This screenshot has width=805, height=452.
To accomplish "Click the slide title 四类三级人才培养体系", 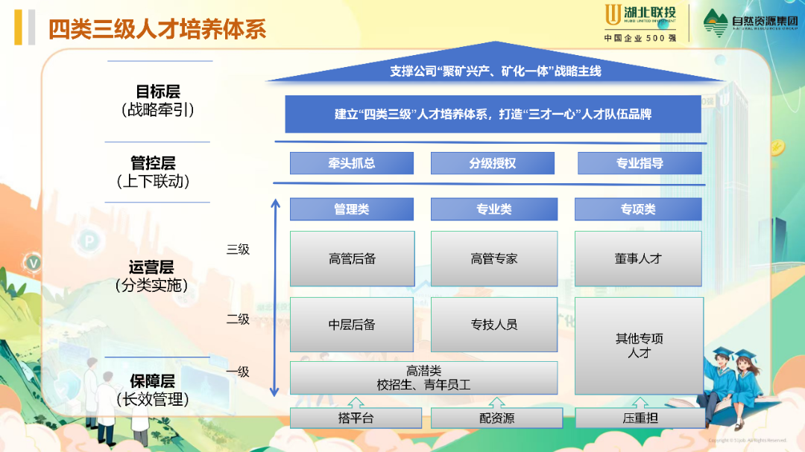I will point(157,28).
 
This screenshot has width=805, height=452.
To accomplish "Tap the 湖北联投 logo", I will point(640,22).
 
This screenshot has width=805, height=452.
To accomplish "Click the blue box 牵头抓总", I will point(351,163).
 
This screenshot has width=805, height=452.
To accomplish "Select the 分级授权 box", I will point(493,163).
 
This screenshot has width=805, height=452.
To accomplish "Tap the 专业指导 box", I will point(640,163).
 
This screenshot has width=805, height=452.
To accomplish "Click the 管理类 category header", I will point(351,209).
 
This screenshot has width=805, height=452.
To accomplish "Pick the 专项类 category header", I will point(639,209).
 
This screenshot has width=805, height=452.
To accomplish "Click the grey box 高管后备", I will point(352,259).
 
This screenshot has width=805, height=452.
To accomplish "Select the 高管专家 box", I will point(493,259).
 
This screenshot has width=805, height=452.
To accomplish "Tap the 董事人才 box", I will point(639,259).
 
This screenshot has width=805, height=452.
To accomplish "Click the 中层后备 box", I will point(352,325).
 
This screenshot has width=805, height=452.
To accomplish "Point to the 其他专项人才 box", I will point(639,346).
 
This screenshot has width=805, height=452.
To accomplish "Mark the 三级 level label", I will point(238,249).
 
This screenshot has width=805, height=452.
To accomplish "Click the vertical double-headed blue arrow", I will point(275,298).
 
